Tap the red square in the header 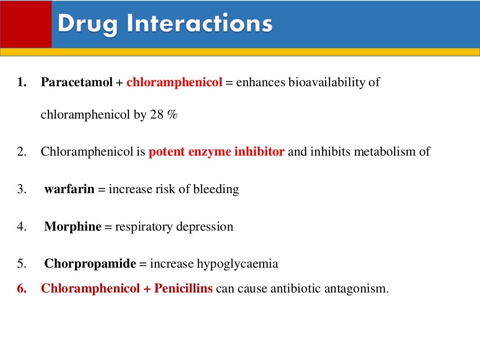(25, 23)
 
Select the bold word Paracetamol (77, 82)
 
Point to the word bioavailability (328, 82)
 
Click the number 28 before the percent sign (156, 115)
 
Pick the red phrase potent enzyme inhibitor (217, 152)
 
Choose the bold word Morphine (73, 227)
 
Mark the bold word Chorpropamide (90, 264)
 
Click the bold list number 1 (21, 82)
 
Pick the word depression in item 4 (205, 227)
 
